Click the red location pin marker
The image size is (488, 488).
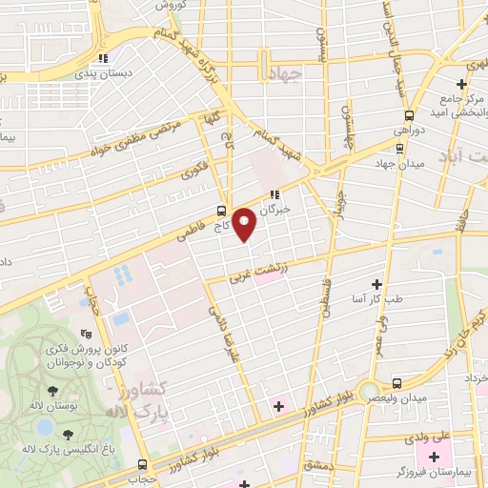(x=245, y=224)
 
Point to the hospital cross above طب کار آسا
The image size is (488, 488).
(x=376, y=284)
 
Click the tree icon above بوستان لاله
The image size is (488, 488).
(x=47, y=390)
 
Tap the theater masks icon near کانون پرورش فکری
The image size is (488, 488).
(x=87, y=334)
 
